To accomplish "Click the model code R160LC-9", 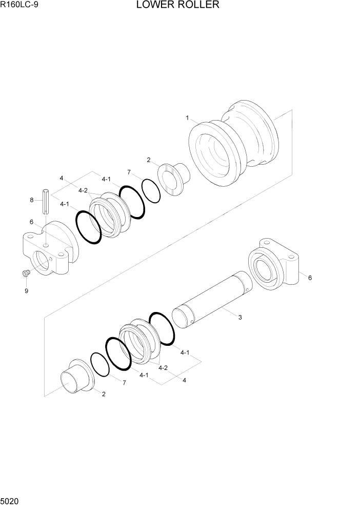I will pyautogui.click(x=20, y=6).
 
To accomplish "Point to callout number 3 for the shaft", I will pyautogui.click(x=239, y=317).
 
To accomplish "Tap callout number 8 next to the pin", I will pyautogui.click(x=32, y=200).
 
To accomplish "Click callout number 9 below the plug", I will pyautogui.click(x=26, y=291).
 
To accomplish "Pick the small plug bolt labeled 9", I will pyautogui.click(x=25, y=274).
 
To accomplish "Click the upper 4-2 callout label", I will pyautogui.click(x=83, y=190).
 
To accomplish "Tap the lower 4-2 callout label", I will pyautogui.click(x=163, y=368).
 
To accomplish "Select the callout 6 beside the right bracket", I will pyautogui.click(x=309, y=278).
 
